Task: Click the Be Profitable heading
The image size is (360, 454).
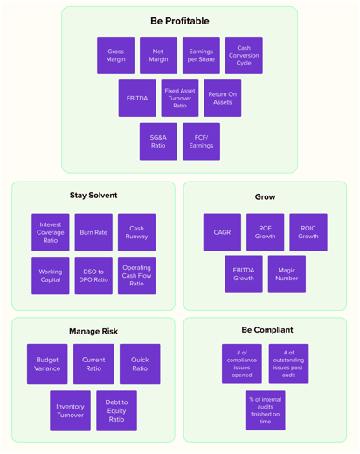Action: pos(179,21)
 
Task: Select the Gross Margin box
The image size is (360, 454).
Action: pos(115,55)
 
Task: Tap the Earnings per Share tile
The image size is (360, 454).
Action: pos(201,55)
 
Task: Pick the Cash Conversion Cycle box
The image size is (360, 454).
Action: pos(244,55)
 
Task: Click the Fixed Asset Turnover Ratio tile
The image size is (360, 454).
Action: pos(180,99)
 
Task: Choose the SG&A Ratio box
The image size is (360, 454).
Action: pos(158,141)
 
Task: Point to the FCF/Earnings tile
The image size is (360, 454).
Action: pos(201,141)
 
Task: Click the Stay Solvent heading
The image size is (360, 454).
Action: pos(93,196)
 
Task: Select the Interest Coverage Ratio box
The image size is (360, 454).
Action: pos(51,233)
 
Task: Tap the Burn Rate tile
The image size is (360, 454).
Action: pos(93,233)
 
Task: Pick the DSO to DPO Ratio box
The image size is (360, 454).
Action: pos(93,276)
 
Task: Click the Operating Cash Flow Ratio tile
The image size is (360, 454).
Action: pos(136,276)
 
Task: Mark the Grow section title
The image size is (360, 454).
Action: pos(265,197)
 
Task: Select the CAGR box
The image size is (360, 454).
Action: pos(222,233)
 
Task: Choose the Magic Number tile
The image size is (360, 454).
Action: pos(287,275)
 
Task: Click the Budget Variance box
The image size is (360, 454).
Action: pos(47,364)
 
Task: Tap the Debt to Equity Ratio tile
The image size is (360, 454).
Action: pos(116,411)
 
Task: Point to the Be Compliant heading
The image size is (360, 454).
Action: pos(267,330)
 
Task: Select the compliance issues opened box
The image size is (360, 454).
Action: pos(242,364)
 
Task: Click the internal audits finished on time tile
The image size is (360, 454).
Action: pos(265,410)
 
